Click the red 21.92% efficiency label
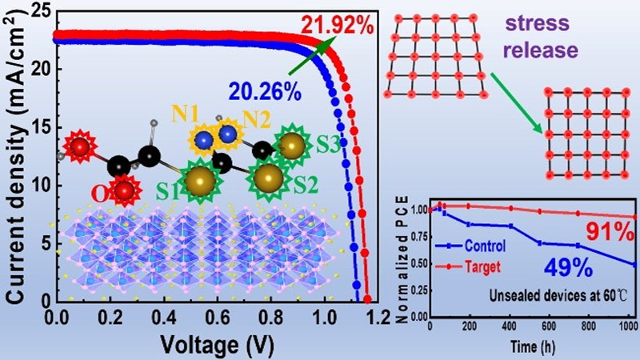pos(338,26)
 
